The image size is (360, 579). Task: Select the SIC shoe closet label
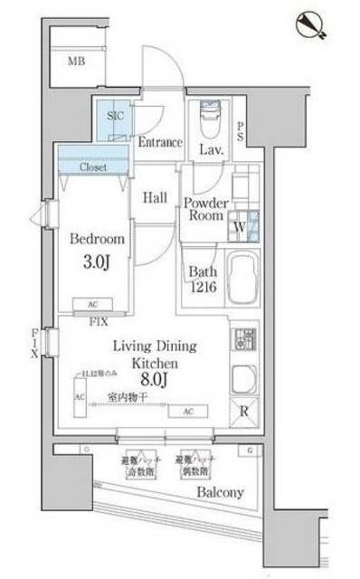[x=116, y=117]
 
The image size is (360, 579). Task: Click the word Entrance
[x=161, y=143]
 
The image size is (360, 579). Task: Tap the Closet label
[x=93, y=168]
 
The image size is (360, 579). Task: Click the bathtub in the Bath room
[x=239, y=279]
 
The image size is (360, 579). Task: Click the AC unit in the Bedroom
[x=94, y=306]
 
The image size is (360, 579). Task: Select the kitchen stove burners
[x=242, y=340]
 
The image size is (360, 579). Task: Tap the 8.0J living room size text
[x=152, y=381]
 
